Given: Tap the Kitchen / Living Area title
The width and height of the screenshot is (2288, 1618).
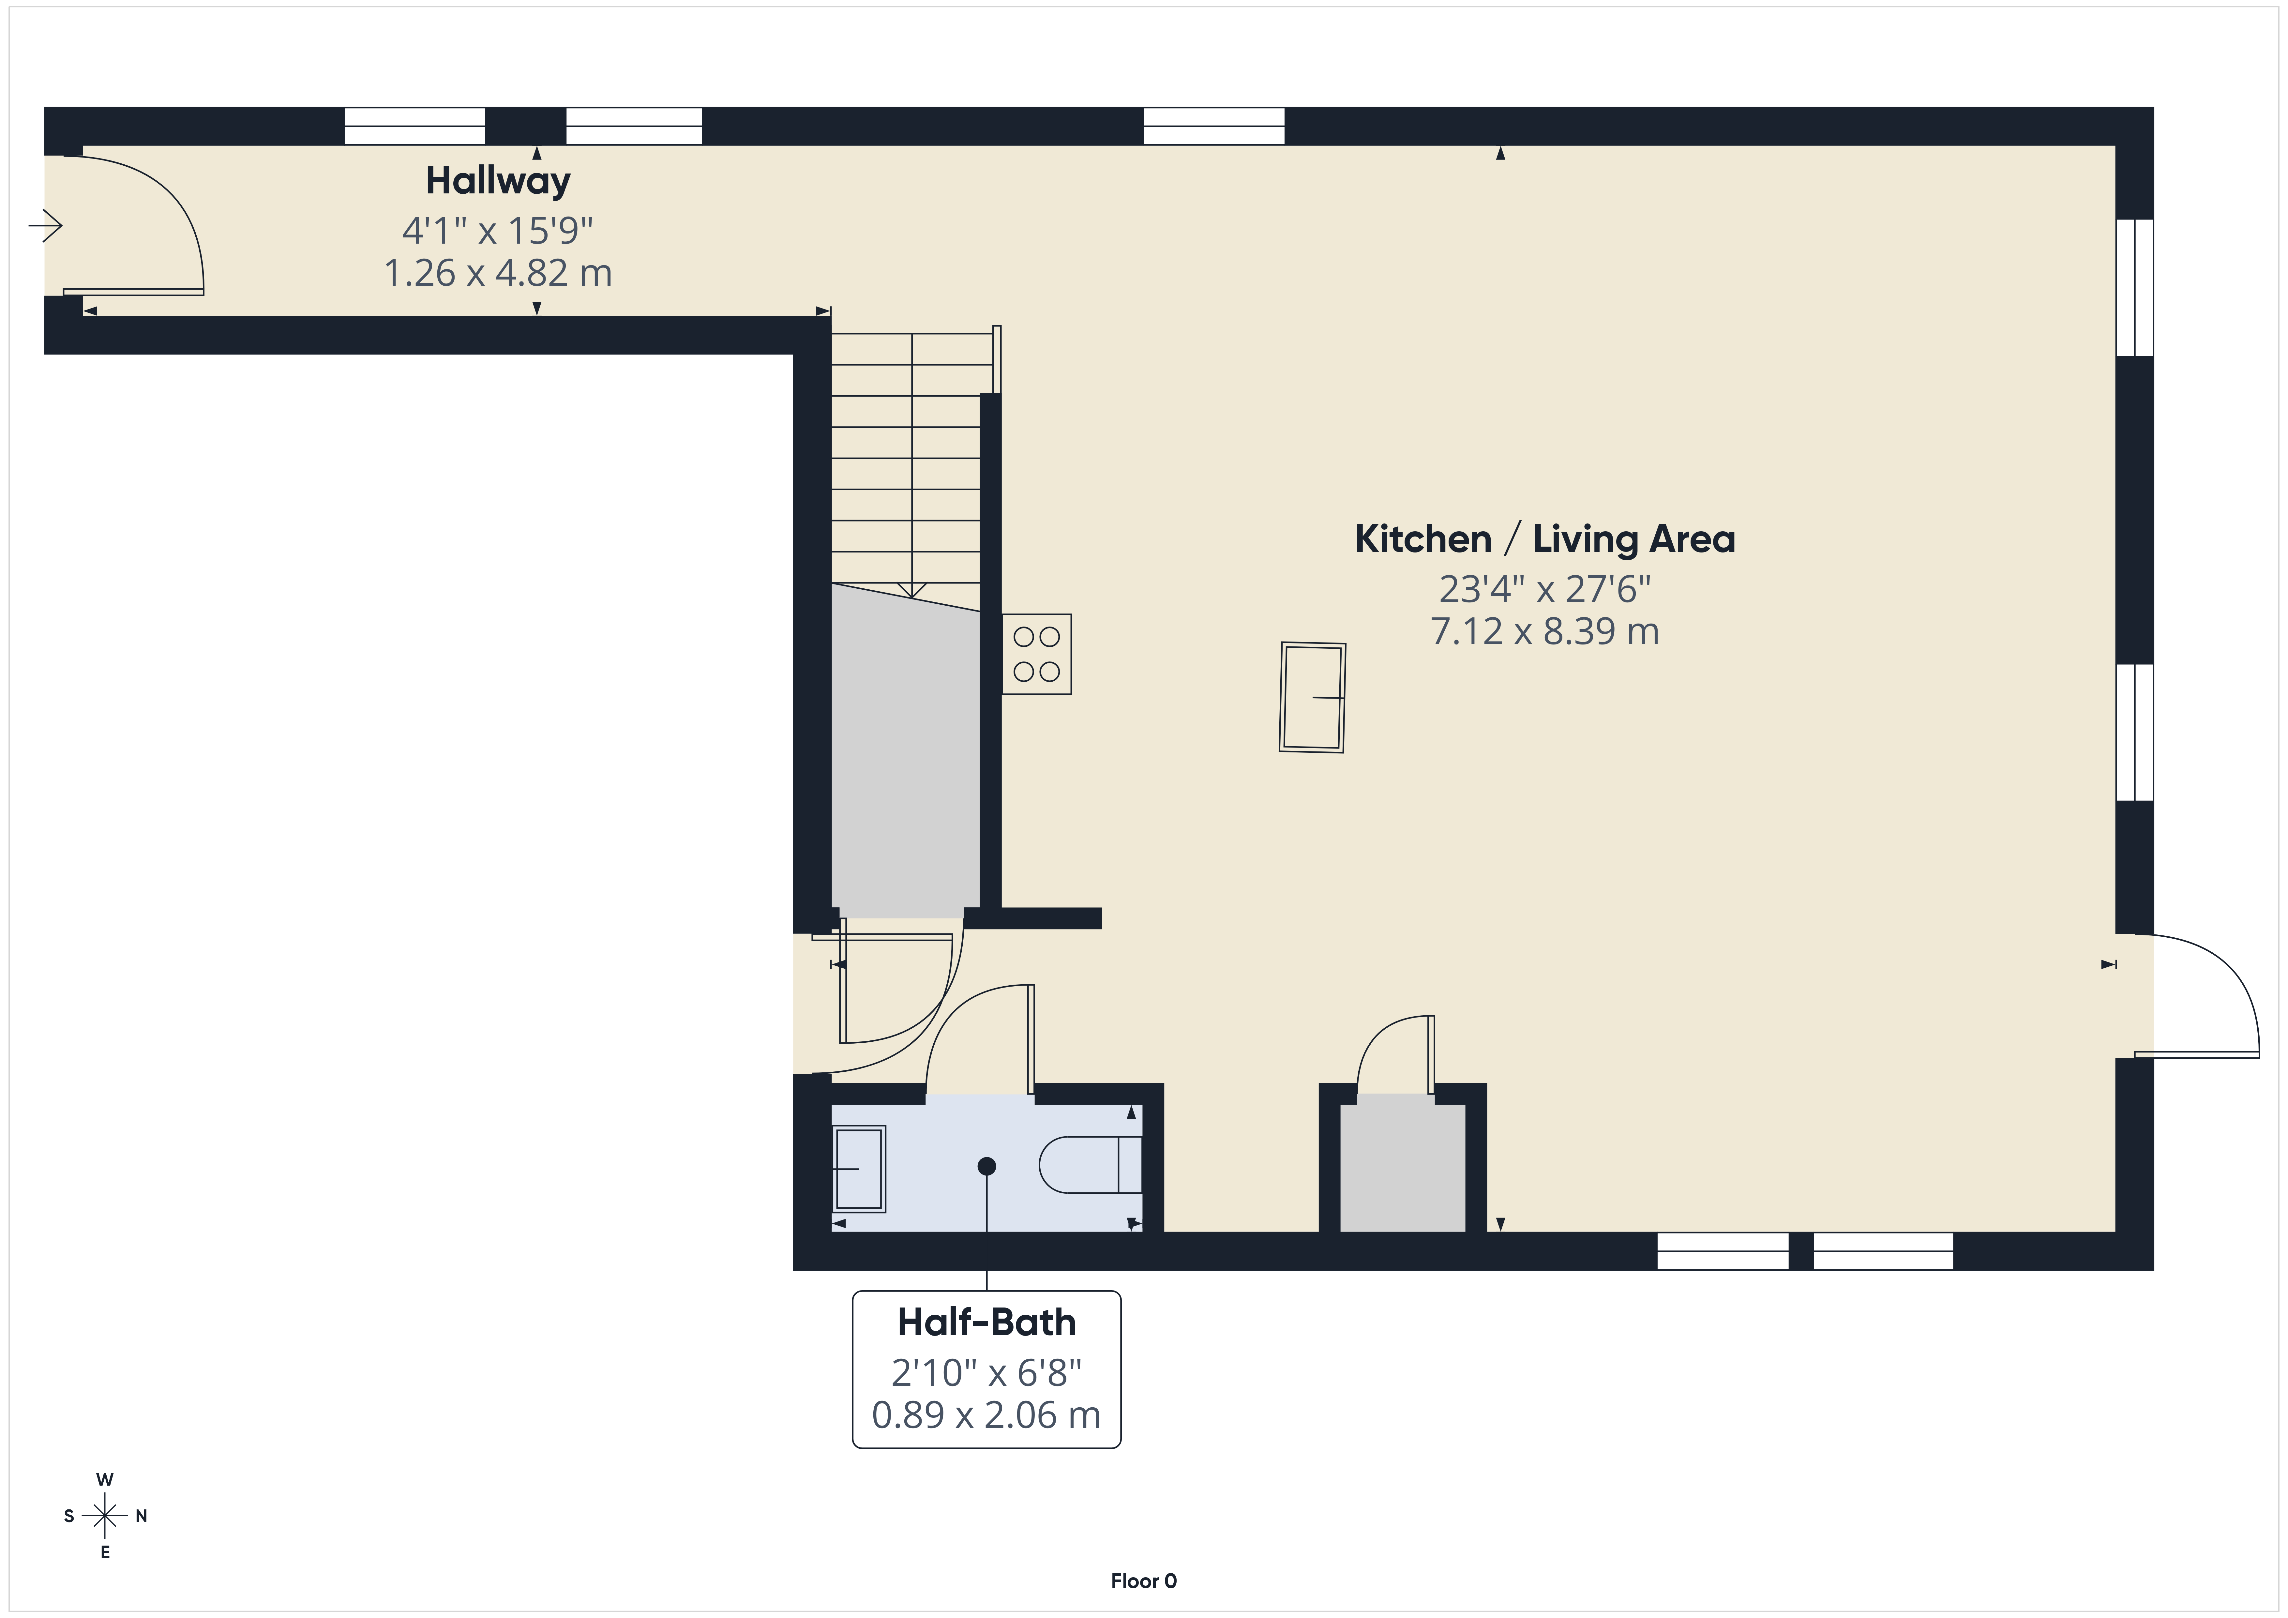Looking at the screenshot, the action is tap(1544, 539).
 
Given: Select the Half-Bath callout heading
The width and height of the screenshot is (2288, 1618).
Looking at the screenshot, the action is tap(986, 1322).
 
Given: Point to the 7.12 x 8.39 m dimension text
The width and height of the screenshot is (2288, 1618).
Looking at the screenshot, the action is tap(1544, 631).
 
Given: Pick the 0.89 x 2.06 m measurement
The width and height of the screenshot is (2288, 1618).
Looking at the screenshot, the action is tap(986, 1414).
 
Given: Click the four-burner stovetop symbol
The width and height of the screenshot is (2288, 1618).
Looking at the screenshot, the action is tap(1036, 654).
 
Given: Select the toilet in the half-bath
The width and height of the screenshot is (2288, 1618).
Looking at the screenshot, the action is tap(1090, 1164).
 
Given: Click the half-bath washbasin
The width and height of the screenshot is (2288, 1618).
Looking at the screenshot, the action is tap(858, 1168).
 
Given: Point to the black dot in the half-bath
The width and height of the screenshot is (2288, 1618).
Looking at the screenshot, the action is tap(986, 1165).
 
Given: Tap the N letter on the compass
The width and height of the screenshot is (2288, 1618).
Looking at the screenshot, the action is tap(142, 1516).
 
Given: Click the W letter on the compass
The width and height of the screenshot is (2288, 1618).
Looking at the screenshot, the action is tap(105, 1479).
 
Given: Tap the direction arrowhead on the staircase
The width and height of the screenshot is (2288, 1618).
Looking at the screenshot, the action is tap(912, 590).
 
